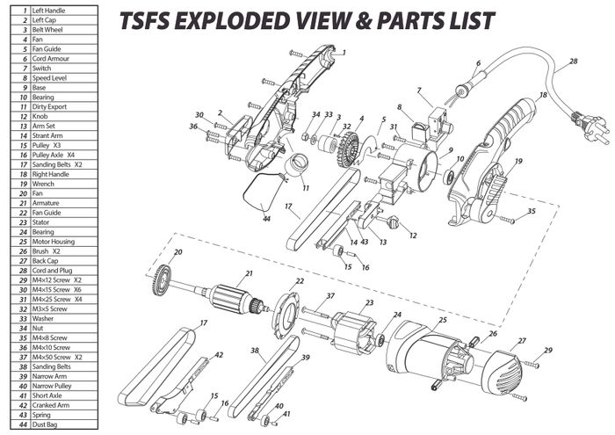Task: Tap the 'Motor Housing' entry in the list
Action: [x=54, y=241]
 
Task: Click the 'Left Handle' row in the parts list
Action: [x=49, y=10]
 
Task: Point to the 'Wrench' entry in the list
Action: [x=43, y=183]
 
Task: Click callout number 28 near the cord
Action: [x=573, y=62]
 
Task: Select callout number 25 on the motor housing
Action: [x=443, y=322]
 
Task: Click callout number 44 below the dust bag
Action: [x=265, y=219]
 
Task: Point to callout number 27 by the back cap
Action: [x=522, y=341]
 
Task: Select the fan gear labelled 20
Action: [x=167, y=277]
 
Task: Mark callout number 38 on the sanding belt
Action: [x=255, y=350]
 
